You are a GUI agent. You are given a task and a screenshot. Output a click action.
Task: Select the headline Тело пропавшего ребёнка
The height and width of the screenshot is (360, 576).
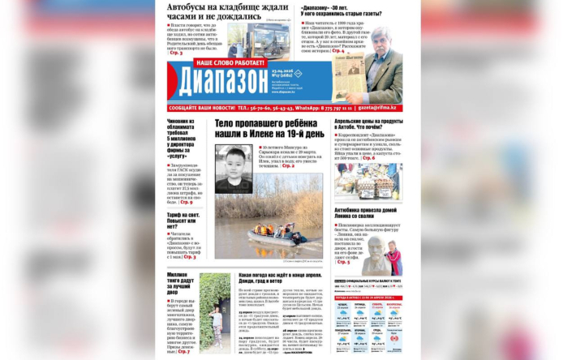point(269,127)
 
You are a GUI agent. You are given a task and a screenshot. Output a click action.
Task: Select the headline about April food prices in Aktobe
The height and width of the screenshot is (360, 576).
point(363,127)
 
